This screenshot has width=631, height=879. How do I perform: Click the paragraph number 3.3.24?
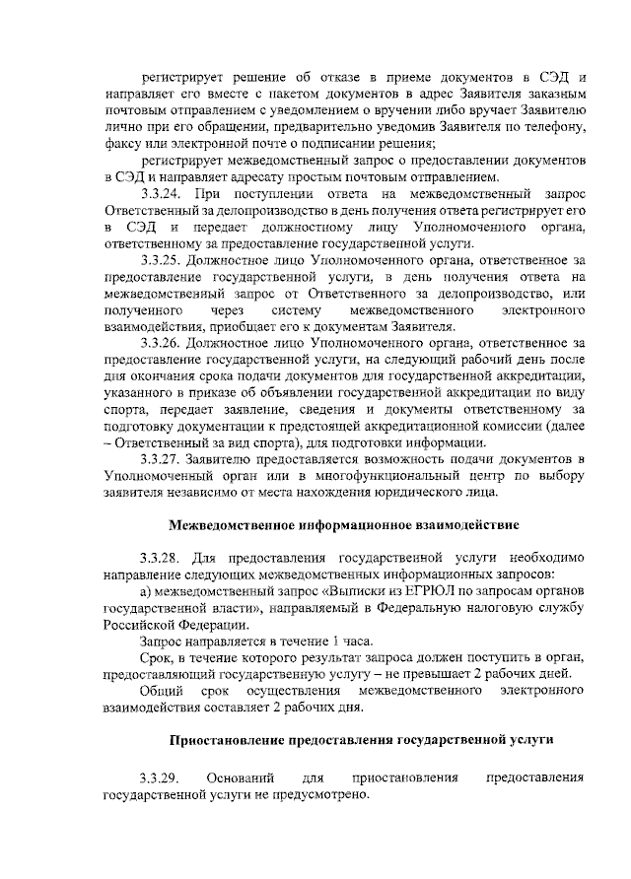(162, 193)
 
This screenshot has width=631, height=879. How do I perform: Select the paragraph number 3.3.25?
(162, 259)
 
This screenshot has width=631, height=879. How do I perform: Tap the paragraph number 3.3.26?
(162, 341)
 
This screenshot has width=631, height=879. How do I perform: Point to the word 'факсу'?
(124, 144)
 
